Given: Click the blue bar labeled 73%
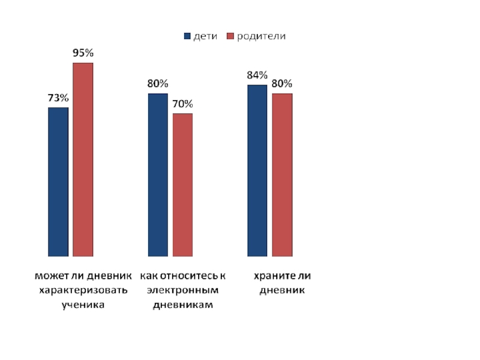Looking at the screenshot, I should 58,181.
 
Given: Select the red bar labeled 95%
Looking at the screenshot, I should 83,159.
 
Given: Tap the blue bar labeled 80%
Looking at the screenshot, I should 158,175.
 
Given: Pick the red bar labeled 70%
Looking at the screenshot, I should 182,184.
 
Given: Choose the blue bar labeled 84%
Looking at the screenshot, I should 257,170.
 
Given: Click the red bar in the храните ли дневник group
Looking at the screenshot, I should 282,175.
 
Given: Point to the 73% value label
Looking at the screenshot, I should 58,98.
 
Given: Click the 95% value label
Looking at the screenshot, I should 83,53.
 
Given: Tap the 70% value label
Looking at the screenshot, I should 182,103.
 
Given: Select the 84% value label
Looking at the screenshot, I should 257,75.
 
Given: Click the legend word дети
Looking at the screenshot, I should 205,37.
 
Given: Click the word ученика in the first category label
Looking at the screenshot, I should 83,305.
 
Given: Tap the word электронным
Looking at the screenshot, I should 183,290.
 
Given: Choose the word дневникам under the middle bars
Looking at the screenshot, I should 183,305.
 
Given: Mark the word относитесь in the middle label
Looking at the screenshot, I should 188,276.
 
